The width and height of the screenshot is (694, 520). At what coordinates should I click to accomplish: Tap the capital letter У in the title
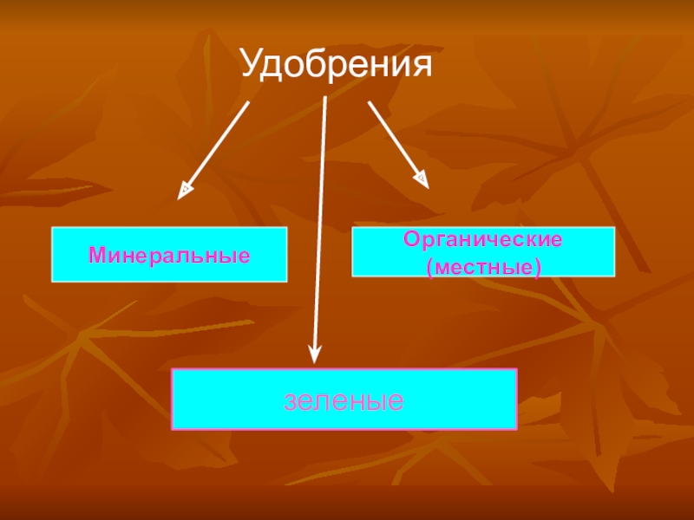[x=252, y=65]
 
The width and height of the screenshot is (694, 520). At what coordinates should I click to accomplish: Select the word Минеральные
[x=169, y=256]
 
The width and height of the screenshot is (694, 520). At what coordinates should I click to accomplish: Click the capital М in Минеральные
[x=95, y=256]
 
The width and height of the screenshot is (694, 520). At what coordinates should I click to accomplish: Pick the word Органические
[x=483, y=239]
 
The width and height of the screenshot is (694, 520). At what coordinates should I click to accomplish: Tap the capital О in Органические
[x=410, y=239]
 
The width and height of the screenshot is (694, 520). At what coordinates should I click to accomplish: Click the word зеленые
[x=344, y=400]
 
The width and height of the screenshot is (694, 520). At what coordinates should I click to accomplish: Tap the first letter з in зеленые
[x=291, y=401]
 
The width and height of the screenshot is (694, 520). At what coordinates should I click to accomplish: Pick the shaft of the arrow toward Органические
[x=393, y=139]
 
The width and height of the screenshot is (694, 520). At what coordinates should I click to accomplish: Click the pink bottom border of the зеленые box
[x=344, y=429]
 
